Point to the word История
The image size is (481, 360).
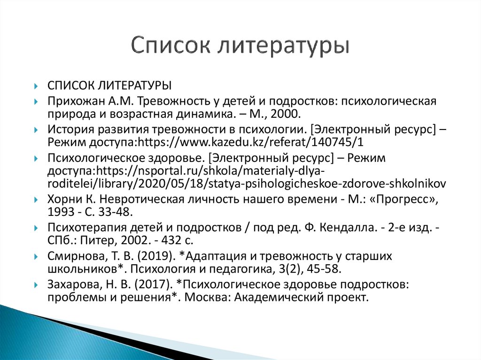66,130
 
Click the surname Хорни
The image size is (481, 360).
61,199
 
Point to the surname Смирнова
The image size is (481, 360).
70,257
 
